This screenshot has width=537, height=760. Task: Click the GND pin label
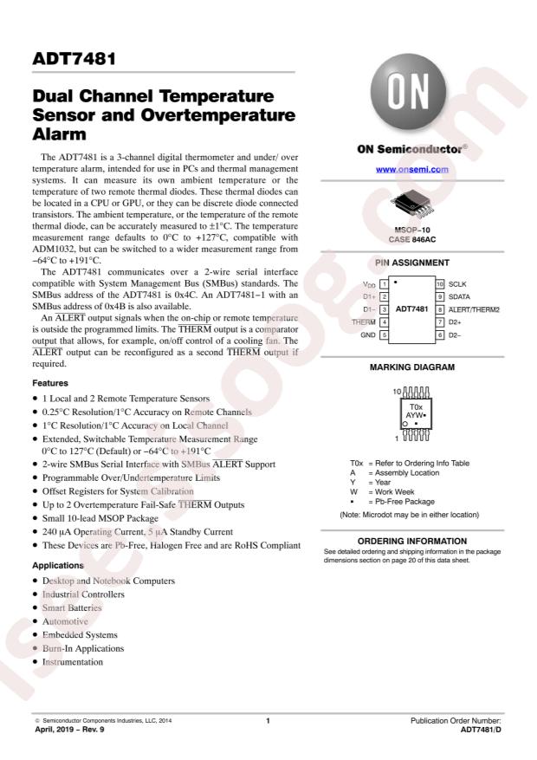coord(368,335)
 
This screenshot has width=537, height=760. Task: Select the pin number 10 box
coord(440,284)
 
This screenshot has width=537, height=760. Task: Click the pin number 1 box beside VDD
coord(383,284)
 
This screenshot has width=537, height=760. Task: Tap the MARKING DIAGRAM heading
coord(411,367)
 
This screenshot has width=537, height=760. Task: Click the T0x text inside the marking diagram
coord(416,406)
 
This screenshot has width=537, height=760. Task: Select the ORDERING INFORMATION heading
coord(411,540)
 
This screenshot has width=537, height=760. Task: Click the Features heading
coord(50,382)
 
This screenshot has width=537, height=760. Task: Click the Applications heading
coord(58,565)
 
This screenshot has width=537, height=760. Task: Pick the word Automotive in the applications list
coord(65,621)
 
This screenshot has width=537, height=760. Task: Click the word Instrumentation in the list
coord(73,662)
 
